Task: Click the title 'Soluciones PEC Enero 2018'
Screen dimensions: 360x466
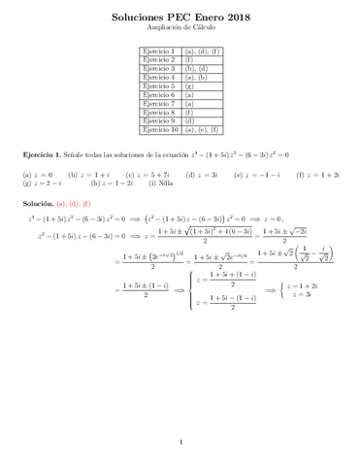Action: [x=180, y=17]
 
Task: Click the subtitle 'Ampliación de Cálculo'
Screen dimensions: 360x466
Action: [x=180, y=30]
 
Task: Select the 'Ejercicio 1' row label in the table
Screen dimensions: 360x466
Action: [x=158, y=50]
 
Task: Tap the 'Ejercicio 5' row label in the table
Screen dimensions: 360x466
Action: [x=158, y=85]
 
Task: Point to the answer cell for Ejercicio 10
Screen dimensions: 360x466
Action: [x=203, y=129]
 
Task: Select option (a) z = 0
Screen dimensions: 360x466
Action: [x=36, y=175]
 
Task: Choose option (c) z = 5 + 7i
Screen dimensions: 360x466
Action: [x=145, y=175]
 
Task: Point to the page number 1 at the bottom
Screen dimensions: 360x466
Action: [x=180, y=443]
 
